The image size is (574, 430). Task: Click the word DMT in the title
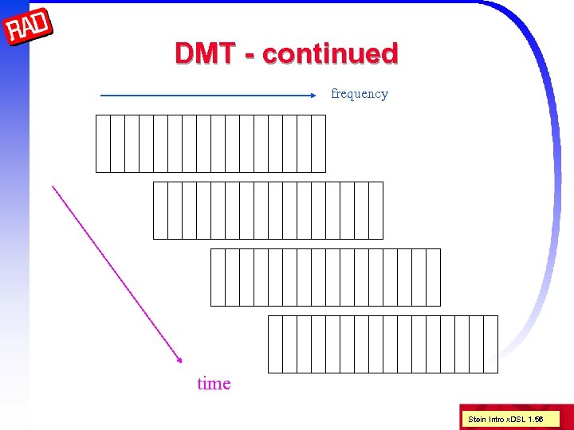pyautogui.click(x=204, y=54)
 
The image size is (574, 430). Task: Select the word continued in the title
pyautogui.click(x=329, y=54)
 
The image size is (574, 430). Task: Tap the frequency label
pyautogui.click(x=359, y=94)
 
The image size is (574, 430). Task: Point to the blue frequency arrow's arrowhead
pyautogui.click(x=314, y=96)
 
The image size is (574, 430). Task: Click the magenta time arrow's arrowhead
pyautogui.click(x=180, y=362)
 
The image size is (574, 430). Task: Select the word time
pyautogui.click(x=214, y=384)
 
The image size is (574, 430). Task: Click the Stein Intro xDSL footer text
pyautogui.click(x=505, y=419)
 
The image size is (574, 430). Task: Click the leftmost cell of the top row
pyautogui.click(x=103, y=143)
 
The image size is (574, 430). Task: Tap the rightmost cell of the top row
pyautogui.click(x=318, y=143)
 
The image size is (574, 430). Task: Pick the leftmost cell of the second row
pyautogui.click(x=160, y=210)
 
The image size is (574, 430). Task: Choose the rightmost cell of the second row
pyautogui.click(x=375, y=210)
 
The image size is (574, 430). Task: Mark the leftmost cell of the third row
pyautogui.click(x=218, y=277)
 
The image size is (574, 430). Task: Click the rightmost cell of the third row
pyautogui.click(x=433, y=277)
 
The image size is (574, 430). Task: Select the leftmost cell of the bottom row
pyautogui.click(x=275, y=344)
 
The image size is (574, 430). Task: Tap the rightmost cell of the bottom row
pyautogui.click(x=490, y=344)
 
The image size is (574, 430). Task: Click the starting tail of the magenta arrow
pyautogui.click(x=53, y=187)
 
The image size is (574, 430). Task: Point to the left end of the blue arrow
pyautogui.click(x=103, y=96)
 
